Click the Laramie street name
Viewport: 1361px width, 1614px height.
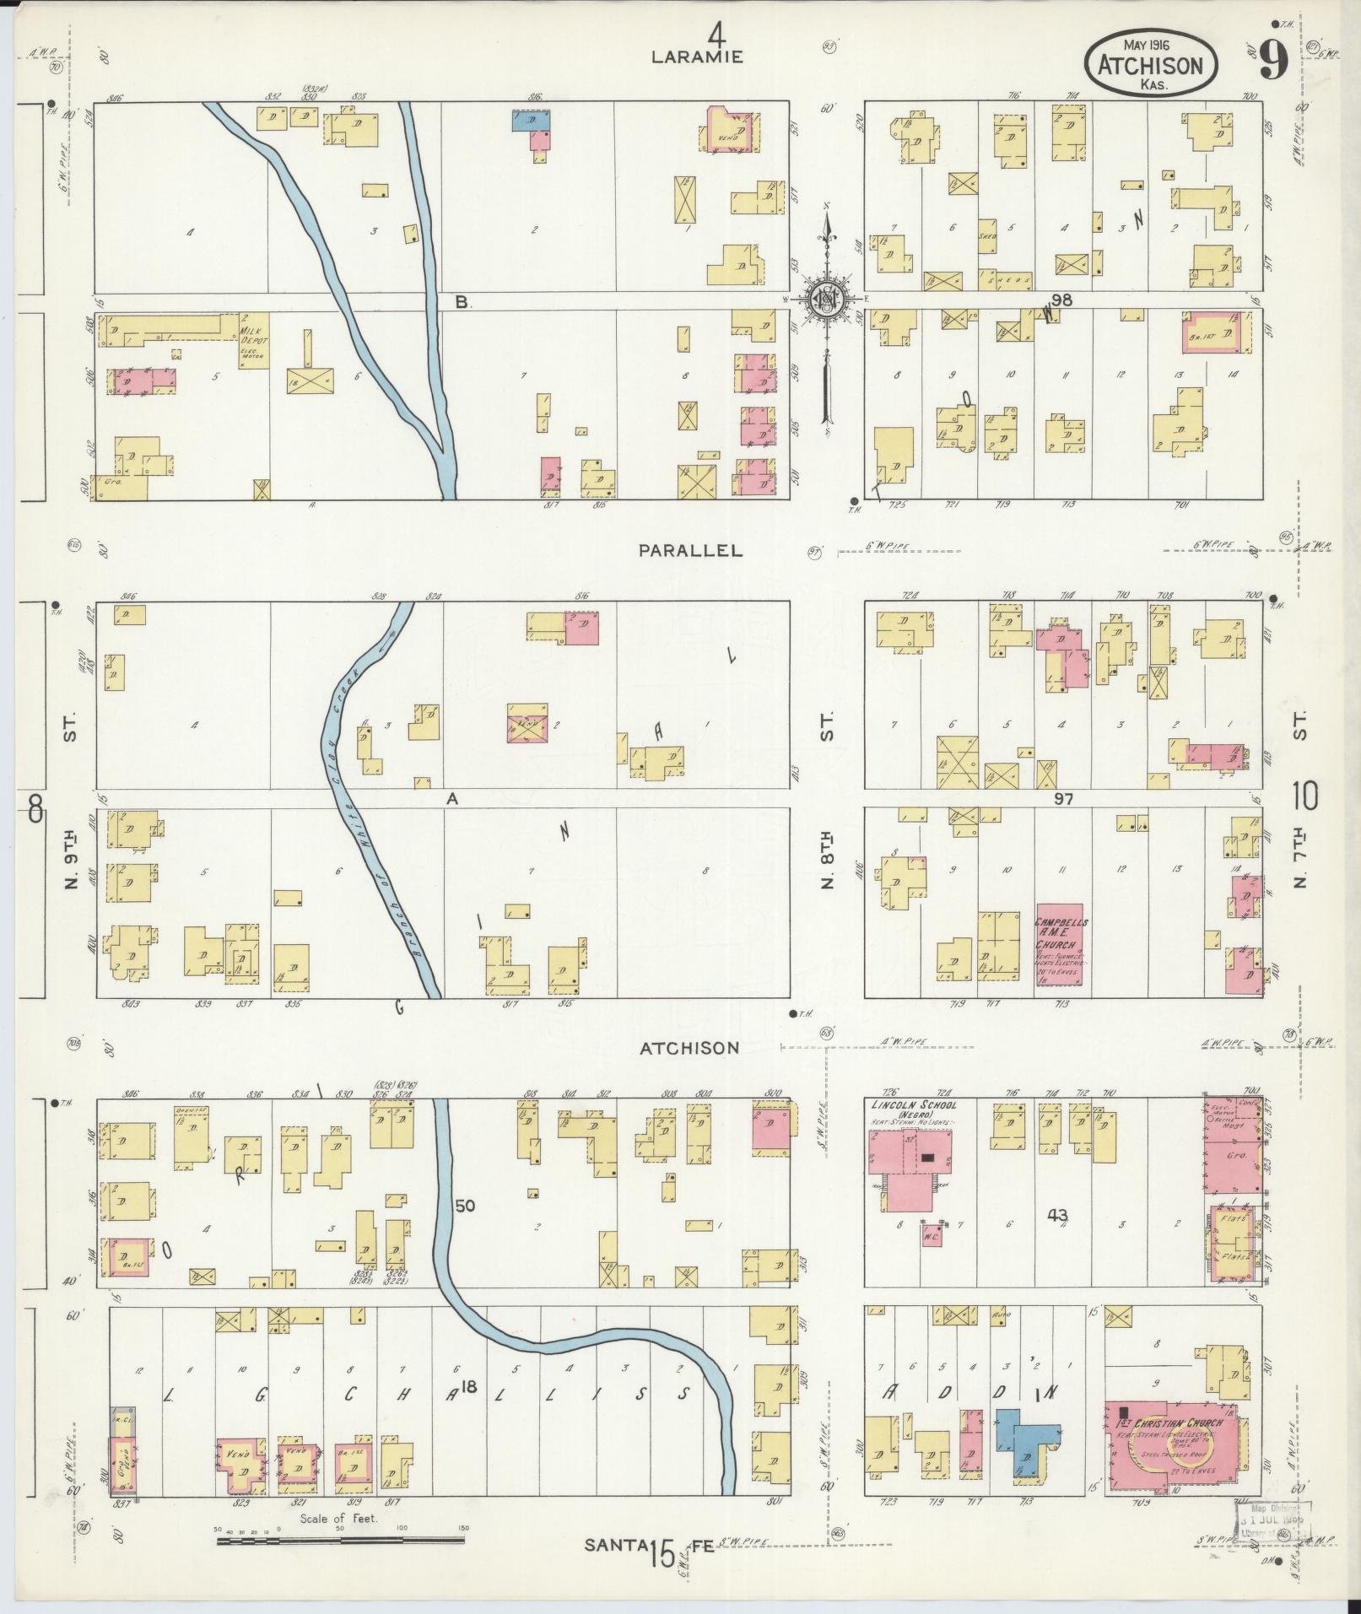tap(696, 57)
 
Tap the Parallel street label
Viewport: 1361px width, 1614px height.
tap(690, 550)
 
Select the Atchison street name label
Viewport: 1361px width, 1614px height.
tap(689, 1048)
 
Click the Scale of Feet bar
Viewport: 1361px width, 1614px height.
tap(340, 1541)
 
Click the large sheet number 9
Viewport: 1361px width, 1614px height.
tap(1273, 60)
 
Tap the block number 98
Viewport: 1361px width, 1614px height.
tap(1061, 300)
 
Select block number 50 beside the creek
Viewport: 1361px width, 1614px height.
tap(465, 1205)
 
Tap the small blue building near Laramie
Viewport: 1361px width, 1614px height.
tap(532, 121)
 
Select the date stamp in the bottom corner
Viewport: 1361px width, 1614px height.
tap(1273, 1521)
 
